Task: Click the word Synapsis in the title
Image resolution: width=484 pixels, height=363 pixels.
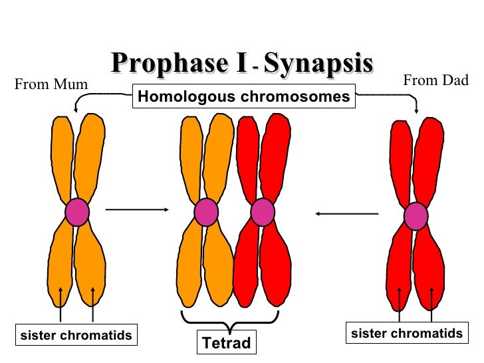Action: (x=317, y=64)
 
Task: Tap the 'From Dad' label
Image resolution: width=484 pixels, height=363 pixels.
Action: (x=436, y=81)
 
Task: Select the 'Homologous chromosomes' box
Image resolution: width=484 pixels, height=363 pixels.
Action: (x=243, y=97)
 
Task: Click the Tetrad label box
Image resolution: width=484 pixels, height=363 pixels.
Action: (x=227, y=342)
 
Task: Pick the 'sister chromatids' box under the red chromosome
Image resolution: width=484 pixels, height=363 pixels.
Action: (x=406, y=333)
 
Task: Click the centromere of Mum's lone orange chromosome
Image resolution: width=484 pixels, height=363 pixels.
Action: (x=77, y=213)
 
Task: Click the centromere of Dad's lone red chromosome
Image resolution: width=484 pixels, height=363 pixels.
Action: (x=416, y=215)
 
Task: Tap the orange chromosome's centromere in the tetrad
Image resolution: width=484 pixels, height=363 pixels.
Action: (x=206, y=213)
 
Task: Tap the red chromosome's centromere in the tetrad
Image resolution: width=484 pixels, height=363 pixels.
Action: (x=263, y=213)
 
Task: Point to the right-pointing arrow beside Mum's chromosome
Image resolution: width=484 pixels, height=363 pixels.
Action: (x=136, y=210)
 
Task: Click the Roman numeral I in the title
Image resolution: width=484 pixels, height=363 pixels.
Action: (x=241, y=64)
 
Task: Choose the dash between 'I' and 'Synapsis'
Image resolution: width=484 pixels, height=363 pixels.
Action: (x=255, y=68)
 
